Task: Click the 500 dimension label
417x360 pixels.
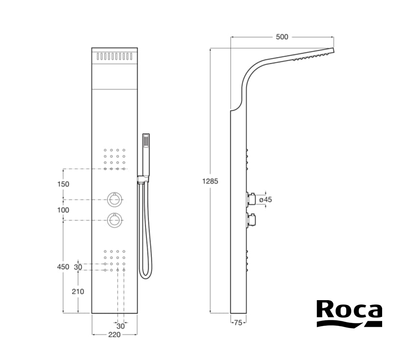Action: (x=282, y=37)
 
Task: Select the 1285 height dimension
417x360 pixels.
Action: (x=210, y=181)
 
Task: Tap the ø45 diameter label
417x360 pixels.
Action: (x=266, y=199)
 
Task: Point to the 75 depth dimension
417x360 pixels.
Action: (x=238, y=323)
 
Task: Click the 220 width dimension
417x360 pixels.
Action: (x=114, y=335)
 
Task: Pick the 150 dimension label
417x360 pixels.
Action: (x=63, y=184)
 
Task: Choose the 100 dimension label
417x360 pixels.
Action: (x=63, y=210)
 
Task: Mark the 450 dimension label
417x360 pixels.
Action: (x=63, y=267)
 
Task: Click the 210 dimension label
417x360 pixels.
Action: (x=78, y=292)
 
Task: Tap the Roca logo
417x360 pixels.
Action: (x=349, y=313)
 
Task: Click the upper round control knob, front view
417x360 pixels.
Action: (x=115, y=199)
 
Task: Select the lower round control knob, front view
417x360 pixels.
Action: (x=115, y=220)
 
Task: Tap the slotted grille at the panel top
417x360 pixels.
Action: (x=114, y=56)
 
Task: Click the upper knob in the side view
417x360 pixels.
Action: (x=251, y=199)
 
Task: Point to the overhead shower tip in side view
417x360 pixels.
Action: (x=333, y=50)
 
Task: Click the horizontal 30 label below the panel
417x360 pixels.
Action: (x=120, y=326)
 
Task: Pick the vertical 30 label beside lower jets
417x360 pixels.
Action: (x=78, y=267)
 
